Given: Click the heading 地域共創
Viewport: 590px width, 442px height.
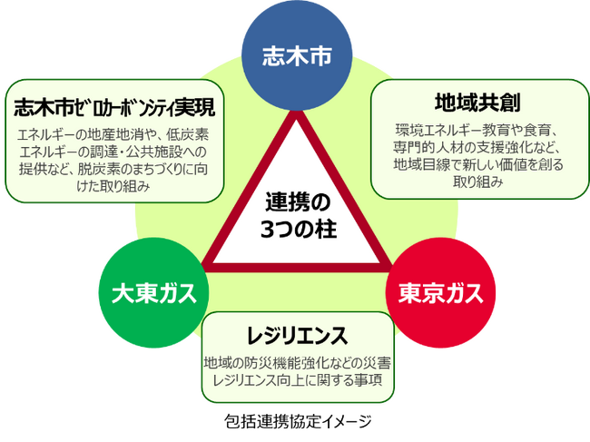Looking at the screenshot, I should (477, 102).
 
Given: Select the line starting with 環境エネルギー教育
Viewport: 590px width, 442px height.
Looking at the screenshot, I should (477, 130).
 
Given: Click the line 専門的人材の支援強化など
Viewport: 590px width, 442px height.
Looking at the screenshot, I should (477, 147).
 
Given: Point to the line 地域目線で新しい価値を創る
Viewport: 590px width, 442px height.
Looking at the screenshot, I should (477, 164).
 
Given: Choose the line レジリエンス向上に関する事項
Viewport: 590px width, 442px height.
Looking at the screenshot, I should (299, 380).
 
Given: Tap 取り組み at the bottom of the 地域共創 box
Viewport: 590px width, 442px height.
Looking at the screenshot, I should (477, 182).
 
